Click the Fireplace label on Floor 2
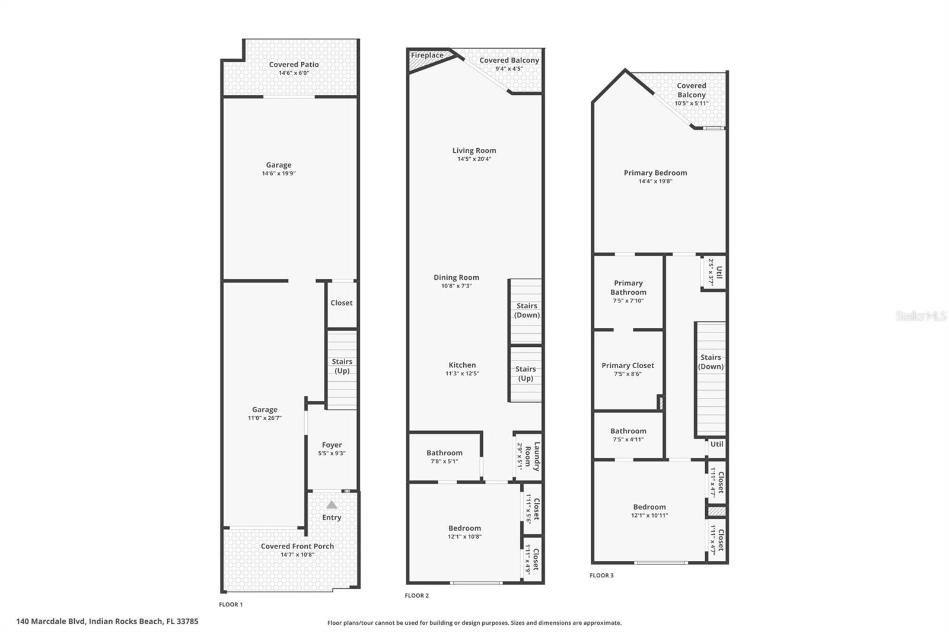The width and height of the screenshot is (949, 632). click(x=427, y=55)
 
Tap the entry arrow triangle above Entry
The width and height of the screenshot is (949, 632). click(x=332, y=505)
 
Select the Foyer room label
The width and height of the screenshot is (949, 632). click(x=332, y=445)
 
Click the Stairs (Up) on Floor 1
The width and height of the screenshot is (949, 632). click(x=342, y=366)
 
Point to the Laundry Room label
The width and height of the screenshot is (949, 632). click(x=537, y=456)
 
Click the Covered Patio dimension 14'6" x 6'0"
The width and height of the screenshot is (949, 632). click(x=294, y=73)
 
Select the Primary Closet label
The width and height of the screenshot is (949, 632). click(x=628, y=365)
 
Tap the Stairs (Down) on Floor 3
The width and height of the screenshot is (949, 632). click(x=711, y=362)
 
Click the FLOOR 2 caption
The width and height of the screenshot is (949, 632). click(x=416, y=595)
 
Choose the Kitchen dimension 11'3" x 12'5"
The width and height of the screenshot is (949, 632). click(x=462, y=374)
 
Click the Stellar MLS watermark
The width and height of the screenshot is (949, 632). click(x=921, y=316)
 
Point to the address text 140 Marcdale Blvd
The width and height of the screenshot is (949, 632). click(x=107, y=621)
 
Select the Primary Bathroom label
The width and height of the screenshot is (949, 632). click(x=628, y=288)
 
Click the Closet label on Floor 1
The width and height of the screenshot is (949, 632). click(x=341, y=302)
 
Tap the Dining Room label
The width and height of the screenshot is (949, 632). click(x=456, y=277)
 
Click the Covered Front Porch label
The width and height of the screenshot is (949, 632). click(x=297, y=546)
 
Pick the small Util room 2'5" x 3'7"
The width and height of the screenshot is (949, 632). click(x=714, y=272)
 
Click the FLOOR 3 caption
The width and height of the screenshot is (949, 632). click(x=601, y=575)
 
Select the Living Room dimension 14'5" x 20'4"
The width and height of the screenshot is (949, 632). click(x=474, y=159)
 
